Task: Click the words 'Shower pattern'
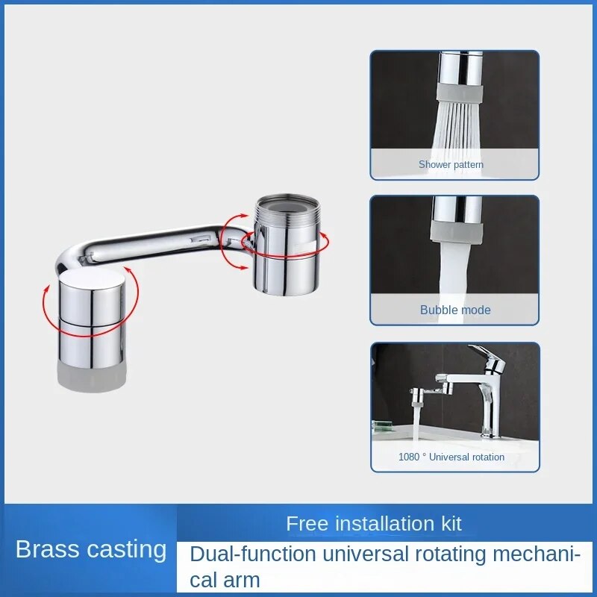[x=451, y=164]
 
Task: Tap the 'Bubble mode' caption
[x=455, y=310]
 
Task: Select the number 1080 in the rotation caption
[x=408, y=457]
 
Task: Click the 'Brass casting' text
[x=91, y=549]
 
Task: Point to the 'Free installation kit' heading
[x=374, y=524]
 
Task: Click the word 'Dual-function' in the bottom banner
[x=253, y=554]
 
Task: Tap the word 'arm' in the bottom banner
[x=242, y=581]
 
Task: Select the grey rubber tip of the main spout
[x=92, y=376]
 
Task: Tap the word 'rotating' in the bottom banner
[x=451, y=554]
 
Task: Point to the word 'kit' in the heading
[x=451, y=524]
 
